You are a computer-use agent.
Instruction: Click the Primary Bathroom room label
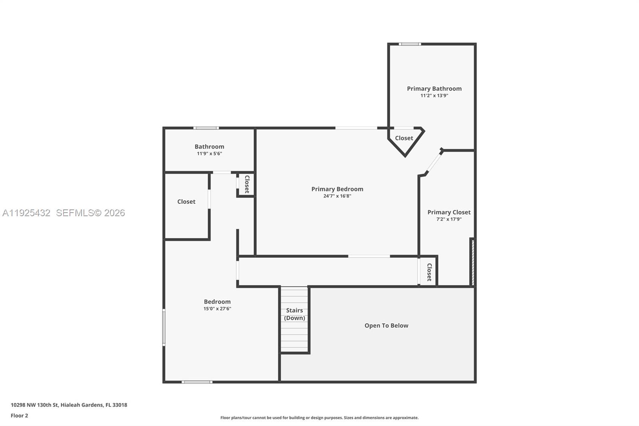434,89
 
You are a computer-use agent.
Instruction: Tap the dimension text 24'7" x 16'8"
337,196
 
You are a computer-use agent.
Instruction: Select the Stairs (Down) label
294,314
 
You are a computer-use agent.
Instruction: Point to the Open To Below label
386,326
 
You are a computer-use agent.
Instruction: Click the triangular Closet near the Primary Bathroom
404,138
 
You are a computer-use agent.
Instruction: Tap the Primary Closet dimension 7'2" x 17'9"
449,219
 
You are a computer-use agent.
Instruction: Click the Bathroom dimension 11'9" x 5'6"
209,153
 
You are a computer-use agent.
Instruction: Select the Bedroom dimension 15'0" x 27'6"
217,309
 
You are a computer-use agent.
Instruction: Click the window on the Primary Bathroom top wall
409,44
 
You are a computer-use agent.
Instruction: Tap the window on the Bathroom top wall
206,128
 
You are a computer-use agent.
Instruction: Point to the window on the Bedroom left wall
164,327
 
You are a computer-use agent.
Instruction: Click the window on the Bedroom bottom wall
197,382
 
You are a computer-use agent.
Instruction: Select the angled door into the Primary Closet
434,161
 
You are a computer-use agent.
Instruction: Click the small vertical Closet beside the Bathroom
246,184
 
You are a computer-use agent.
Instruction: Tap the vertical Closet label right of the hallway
429,272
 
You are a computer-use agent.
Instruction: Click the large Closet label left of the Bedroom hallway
186,202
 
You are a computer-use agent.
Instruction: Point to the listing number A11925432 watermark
26,213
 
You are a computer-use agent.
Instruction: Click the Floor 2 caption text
19,416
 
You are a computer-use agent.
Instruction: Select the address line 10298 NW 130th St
69,405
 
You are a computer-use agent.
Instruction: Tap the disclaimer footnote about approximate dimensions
319,418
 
